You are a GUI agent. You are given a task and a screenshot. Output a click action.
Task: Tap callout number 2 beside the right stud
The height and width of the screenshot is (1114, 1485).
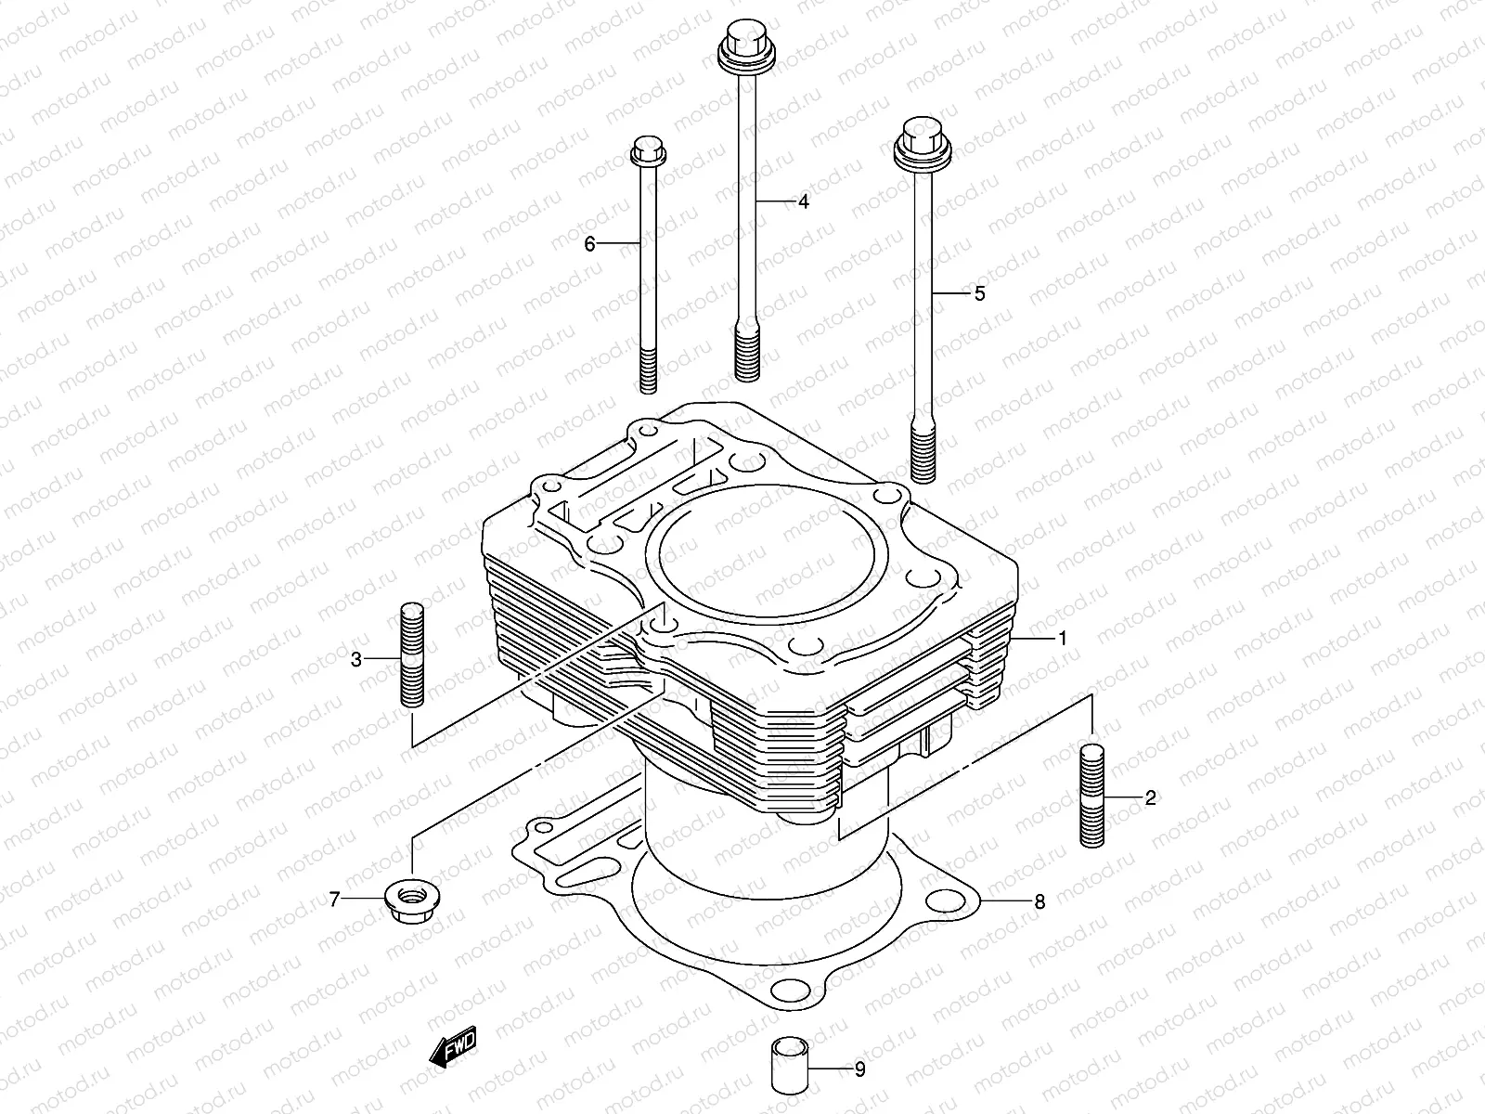pyautogui.click(x=1149, y=797)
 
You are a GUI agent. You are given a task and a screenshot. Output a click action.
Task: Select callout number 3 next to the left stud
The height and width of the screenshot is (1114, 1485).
pyautogui.click(x=356, y=660)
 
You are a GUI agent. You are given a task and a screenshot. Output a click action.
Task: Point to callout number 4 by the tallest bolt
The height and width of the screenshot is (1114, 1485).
pyautogui.click(x=803, y=201)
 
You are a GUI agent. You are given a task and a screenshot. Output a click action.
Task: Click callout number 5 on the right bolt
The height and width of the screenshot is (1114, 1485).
pyautogui.click(x=979, y=293)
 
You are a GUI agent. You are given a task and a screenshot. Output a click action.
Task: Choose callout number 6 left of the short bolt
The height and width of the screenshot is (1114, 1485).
pyautogui.click(x=589, y=244)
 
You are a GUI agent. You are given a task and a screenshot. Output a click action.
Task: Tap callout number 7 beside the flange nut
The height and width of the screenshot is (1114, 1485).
pyautogui.click(x=335, y=898)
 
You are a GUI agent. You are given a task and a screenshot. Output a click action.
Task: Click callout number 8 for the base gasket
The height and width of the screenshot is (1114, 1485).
pyautogui.click(x=1039, y=901)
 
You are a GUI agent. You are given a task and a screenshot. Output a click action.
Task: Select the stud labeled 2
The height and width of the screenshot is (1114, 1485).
pyautogui.click(x=1092, y=795)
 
